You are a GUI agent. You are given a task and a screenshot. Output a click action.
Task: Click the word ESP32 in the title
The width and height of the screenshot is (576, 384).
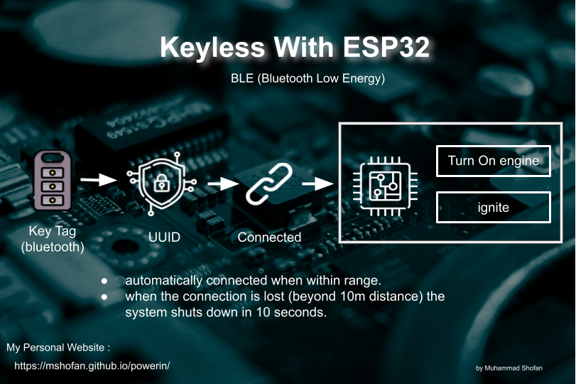point(386,47)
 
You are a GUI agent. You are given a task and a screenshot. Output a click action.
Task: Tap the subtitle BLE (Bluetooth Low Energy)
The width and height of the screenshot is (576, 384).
point(308,78)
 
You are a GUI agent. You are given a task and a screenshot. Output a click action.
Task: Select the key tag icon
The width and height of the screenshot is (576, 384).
point(53,180)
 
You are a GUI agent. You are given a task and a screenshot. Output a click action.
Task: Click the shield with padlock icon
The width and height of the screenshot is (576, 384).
point(162,183)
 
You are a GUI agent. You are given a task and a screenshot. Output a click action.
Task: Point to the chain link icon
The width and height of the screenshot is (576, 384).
point(269,183)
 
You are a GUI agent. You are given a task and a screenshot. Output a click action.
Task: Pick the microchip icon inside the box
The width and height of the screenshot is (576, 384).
point(385,186)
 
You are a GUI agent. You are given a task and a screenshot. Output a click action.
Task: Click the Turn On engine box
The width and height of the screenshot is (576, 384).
point(494,161)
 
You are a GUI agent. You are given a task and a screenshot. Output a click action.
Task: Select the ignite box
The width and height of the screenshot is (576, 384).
point(494,208)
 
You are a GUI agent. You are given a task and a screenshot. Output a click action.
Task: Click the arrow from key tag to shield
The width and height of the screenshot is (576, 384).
point(99,179)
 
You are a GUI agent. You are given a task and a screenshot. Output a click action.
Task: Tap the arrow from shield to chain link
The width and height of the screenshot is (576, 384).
point(223,183)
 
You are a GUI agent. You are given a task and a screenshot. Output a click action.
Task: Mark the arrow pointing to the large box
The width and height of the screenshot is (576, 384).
point(317,183)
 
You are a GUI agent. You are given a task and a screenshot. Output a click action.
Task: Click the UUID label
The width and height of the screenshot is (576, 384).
point(164,238)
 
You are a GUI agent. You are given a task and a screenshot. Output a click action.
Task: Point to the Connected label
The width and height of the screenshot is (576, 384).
point(269,238)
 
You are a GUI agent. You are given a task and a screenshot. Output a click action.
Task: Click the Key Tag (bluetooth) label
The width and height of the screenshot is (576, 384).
point(53,239)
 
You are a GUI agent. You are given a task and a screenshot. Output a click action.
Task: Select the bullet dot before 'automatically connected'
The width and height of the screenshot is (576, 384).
point(104,282)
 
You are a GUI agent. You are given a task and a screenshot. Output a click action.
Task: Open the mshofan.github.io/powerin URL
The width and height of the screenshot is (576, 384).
point(92,366)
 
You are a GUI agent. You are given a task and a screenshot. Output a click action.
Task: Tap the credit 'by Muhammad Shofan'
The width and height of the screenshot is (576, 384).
point(509,368)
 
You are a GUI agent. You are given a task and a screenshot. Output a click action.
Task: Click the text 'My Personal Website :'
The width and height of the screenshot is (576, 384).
point(58,348)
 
